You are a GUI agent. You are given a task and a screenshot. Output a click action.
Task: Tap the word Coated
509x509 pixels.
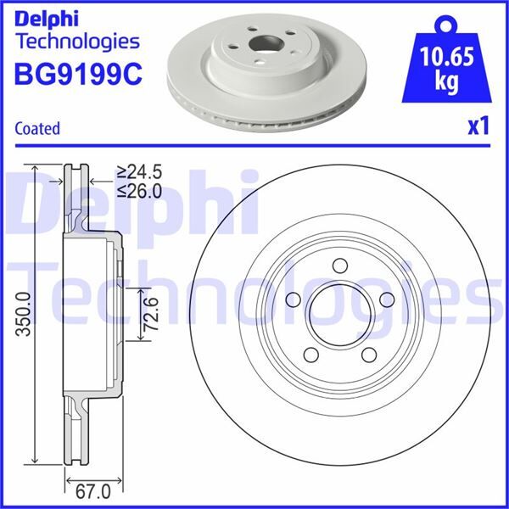(x=38, y=129)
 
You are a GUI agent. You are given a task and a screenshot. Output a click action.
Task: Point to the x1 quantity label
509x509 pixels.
(x=478, y=126)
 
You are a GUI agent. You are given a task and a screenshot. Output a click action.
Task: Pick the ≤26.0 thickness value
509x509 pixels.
(x=139, y=192)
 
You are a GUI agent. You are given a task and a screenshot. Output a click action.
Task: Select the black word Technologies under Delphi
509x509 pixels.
(x=77, y=41)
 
